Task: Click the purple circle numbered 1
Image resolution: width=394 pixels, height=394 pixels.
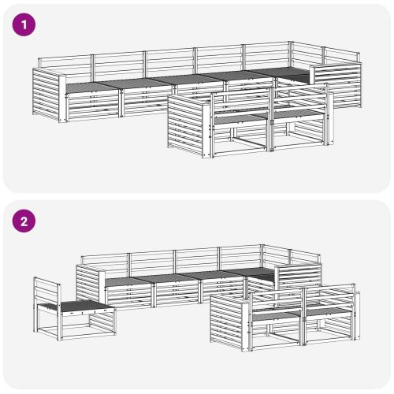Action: [x=24, y=25]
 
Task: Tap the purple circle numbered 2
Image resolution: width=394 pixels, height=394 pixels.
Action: [x=24, y=221]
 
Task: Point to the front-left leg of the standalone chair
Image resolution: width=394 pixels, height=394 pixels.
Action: [x=60, y=325]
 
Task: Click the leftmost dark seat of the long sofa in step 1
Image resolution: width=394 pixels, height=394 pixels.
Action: [x=89, y=86]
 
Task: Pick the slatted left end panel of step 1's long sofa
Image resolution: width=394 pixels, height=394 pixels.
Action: [x=46, y=95]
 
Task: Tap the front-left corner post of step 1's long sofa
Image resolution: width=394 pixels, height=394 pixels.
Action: [x=62, y=99]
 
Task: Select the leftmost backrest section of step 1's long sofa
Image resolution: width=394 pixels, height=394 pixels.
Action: [x=65, y=66]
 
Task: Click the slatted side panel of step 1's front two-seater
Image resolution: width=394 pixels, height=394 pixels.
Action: [x=185, y=126]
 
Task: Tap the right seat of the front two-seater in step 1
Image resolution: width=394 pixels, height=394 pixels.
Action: [x=297, y=114]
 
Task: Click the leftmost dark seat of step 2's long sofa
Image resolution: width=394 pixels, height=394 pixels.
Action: [x=127, y=281]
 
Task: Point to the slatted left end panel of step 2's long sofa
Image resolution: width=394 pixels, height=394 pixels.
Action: [x=88, y=285]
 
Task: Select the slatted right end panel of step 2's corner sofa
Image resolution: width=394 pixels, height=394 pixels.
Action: [x=300, y=279]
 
